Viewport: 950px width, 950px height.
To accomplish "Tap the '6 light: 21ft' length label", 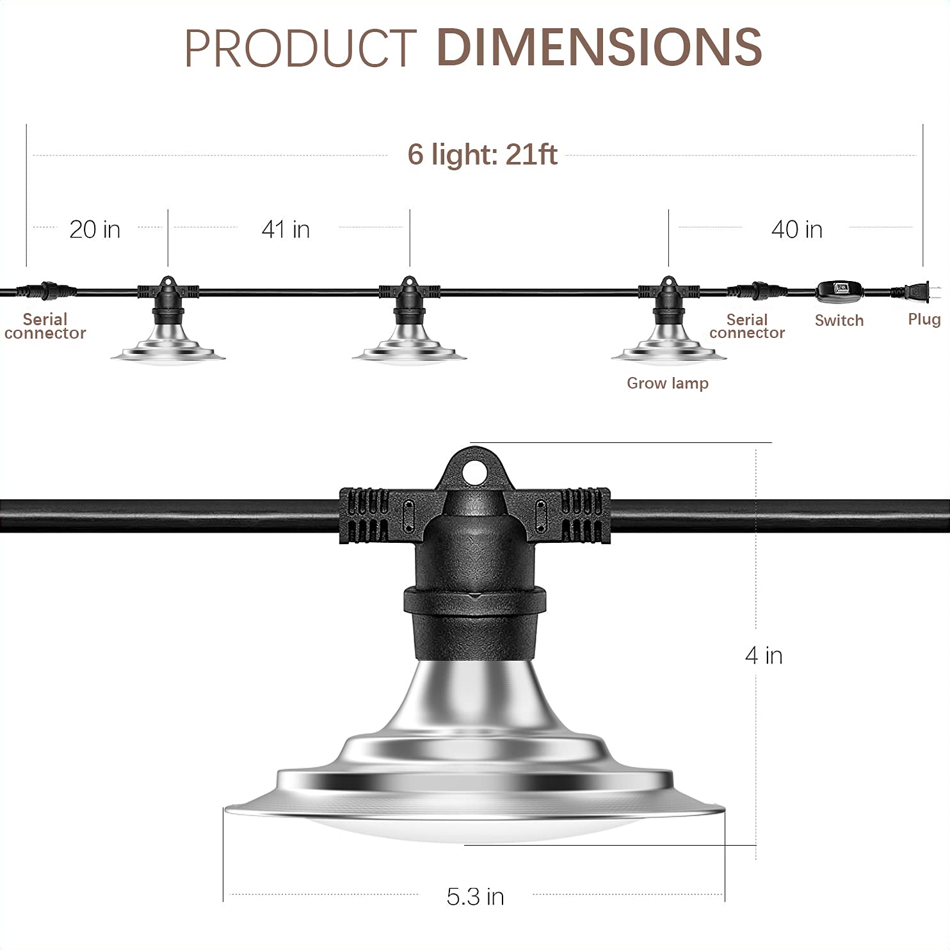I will [482, 154].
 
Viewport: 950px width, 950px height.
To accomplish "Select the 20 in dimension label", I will [95, 229].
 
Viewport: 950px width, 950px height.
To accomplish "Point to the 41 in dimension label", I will [286, 229].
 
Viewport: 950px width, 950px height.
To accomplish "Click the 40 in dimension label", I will [796, 229].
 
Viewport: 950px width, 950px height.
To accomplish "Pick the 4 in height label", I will [764, 656].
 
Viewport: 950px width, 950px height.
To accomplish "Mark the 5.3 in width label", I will [475, 897].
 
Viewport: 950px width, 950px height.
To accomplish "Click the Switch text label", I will [839, 321].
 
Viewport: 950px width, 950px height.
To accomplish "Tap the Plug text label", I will [924, 319].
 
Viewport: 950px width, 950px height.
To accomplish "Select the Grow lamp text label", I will [667, 383].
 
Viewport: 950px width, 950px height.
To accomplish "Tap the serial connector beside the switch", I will [756, 291].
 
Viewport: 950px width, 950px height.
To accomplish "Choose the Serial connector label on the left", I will [45, 326].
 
